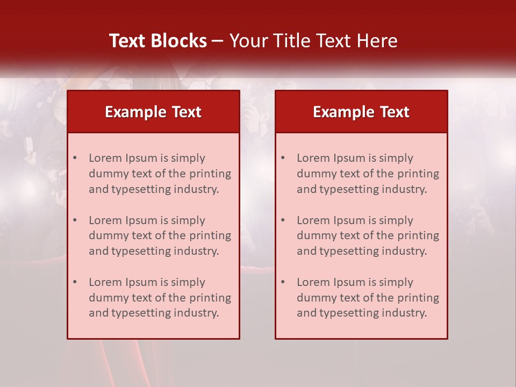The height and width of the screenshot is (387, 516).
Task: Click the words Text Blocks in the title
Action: pos(158,41)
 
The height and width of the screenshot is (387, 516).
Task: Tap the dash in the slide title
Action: pos(218,41)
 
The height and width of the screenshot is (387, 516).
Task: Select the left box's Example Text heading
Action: pos(153,112)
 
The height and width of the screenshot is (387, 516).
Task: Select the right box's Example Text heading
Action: pos(361,112)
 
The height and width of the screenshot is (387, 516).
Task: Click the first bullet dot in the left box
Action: pos(75,158)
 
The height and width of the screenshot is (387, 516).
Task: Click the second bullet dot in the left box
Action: pos(75,220)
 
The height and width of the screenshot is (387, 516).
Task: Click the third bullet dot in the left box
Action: pos(75,282)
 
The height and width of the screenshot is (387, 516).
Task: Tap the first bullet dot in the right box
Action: pos(283,158)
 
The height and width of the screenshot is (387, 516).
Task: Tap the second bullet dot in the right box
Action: pos(283,220)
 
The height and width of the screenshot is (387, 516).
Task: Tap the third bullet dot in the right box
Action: pos(283,282)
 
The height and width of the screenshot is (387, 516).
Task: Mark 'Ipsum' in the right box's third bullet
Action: pos(349,282)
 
